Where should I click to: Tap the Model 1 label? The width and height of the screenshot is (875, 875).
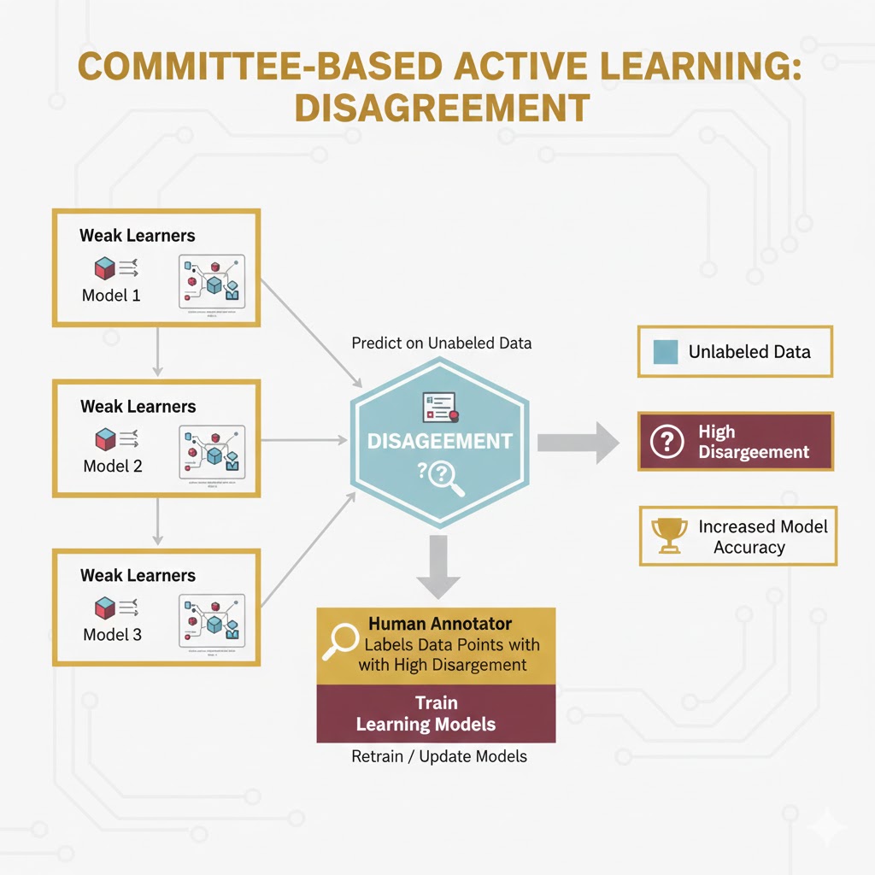[x=111, y=296]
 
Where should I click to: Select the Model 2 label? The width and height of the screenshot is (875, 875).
[x=112, y=467]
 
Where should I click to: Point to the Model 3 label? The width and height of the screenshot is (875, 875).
[x=112, y=635]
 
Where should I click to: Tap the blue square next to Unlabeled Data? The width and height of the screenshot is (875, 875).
[x=665, y=351]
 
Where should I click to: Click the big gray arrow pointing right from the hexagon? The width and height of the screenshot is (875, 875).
[x=578, y=442]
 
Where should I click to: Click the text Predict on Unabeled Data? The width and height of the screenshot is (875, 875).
[x=441, y=343]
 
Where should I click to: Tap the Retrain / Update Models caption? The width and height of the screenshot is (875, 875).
[x=439, y=756]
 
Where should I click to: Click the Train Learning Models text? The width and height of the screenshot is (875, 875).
[x=437, y=714]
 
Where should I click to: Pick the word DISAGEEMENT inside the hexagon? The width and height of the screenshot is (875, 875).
[x=438, y=441]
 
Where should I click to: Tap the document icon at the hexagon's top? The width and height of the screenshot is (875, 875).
[x=440, y=407]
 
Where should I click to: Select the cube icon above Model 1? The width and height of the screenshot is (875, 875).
[x=105, y=269]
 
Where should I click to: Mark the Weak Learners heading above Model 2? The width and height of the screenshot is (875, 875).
[x=138, y=406]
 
